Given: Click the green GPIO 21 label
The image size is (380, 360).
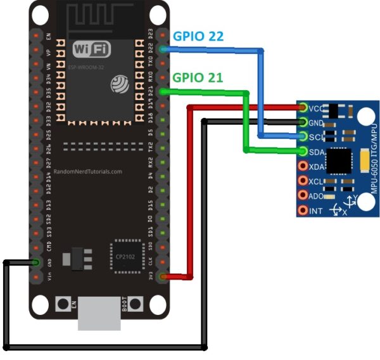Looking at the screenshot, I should click(197, 79).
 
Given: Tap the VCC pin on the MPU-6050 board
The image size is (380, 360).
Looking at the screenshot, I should click(305, 108).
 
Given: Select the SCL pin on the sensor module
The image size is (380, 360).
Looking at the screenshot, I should click(305, 137).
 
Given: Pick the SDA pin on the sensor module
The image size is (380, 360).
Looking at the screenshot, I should click(305, 151).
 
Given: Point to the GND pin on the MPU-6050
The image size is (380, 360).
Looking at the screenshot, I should click(305, 122).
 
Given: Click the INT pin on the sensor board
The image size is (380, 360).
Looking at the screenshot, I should click(304, 210).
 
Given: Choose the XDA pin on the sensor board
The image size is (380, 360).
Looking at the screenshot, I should click(304, 166).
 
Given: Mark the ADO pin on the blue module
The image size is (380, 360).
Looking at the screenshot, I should click(304, 195).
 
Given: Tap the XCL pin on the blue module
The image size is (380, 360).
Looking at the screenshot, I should click(304, 181).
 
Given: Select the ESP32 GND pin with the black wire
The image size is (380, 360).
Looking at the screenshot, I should click(35, 262).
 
